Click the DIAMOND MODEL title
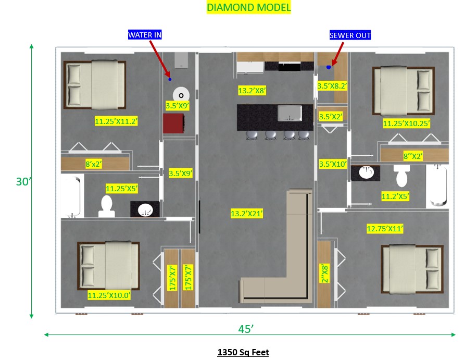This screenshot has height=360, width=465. click(x=248, y=7)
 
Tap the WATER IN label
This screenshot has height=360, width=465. click(x=145, y=35)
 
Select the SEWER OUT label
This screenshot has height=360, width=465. click(x=350, y=35)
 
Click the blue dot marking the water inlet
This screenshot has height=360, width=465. click(x=170, y=79)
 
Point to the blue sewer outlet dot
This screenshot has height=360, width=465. click(x=329, y=67)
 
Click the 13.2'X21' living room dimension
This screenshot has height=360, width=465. click(x=247, y=214)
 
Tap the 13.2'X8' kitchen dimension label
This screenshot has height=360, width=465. click(x=252, y=91)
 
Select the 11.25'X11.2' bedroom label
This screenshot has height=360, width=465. click(x=116, y=121)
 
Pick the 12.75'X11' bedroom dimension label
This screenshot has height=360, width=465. click(x=385, y=229)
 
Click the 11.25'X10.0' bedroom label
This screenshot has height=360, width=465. click(x=109, y=295)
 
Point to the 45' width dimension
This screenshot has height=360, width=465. click(x=246, y=329)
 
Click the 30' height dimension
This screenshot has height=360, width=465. click(x=23, y=181)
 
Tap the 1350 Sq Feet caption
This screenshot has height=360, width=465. click(x=243, y=352)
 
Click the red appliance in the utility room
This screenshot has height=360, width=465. click(x=174, y=123)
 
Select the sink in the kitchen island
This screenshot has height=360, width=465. click(x=290, y=114)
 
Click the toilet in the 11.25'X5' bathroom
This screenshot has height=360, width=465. click(x=106, y=206)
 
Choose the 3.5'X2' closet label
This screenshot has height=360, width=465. click(x=331, y=117)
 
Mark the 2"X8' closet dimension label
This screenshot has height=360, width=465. click(x=325, y=274)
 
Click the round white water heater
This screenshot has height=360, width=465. click(x=181, y=95)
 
